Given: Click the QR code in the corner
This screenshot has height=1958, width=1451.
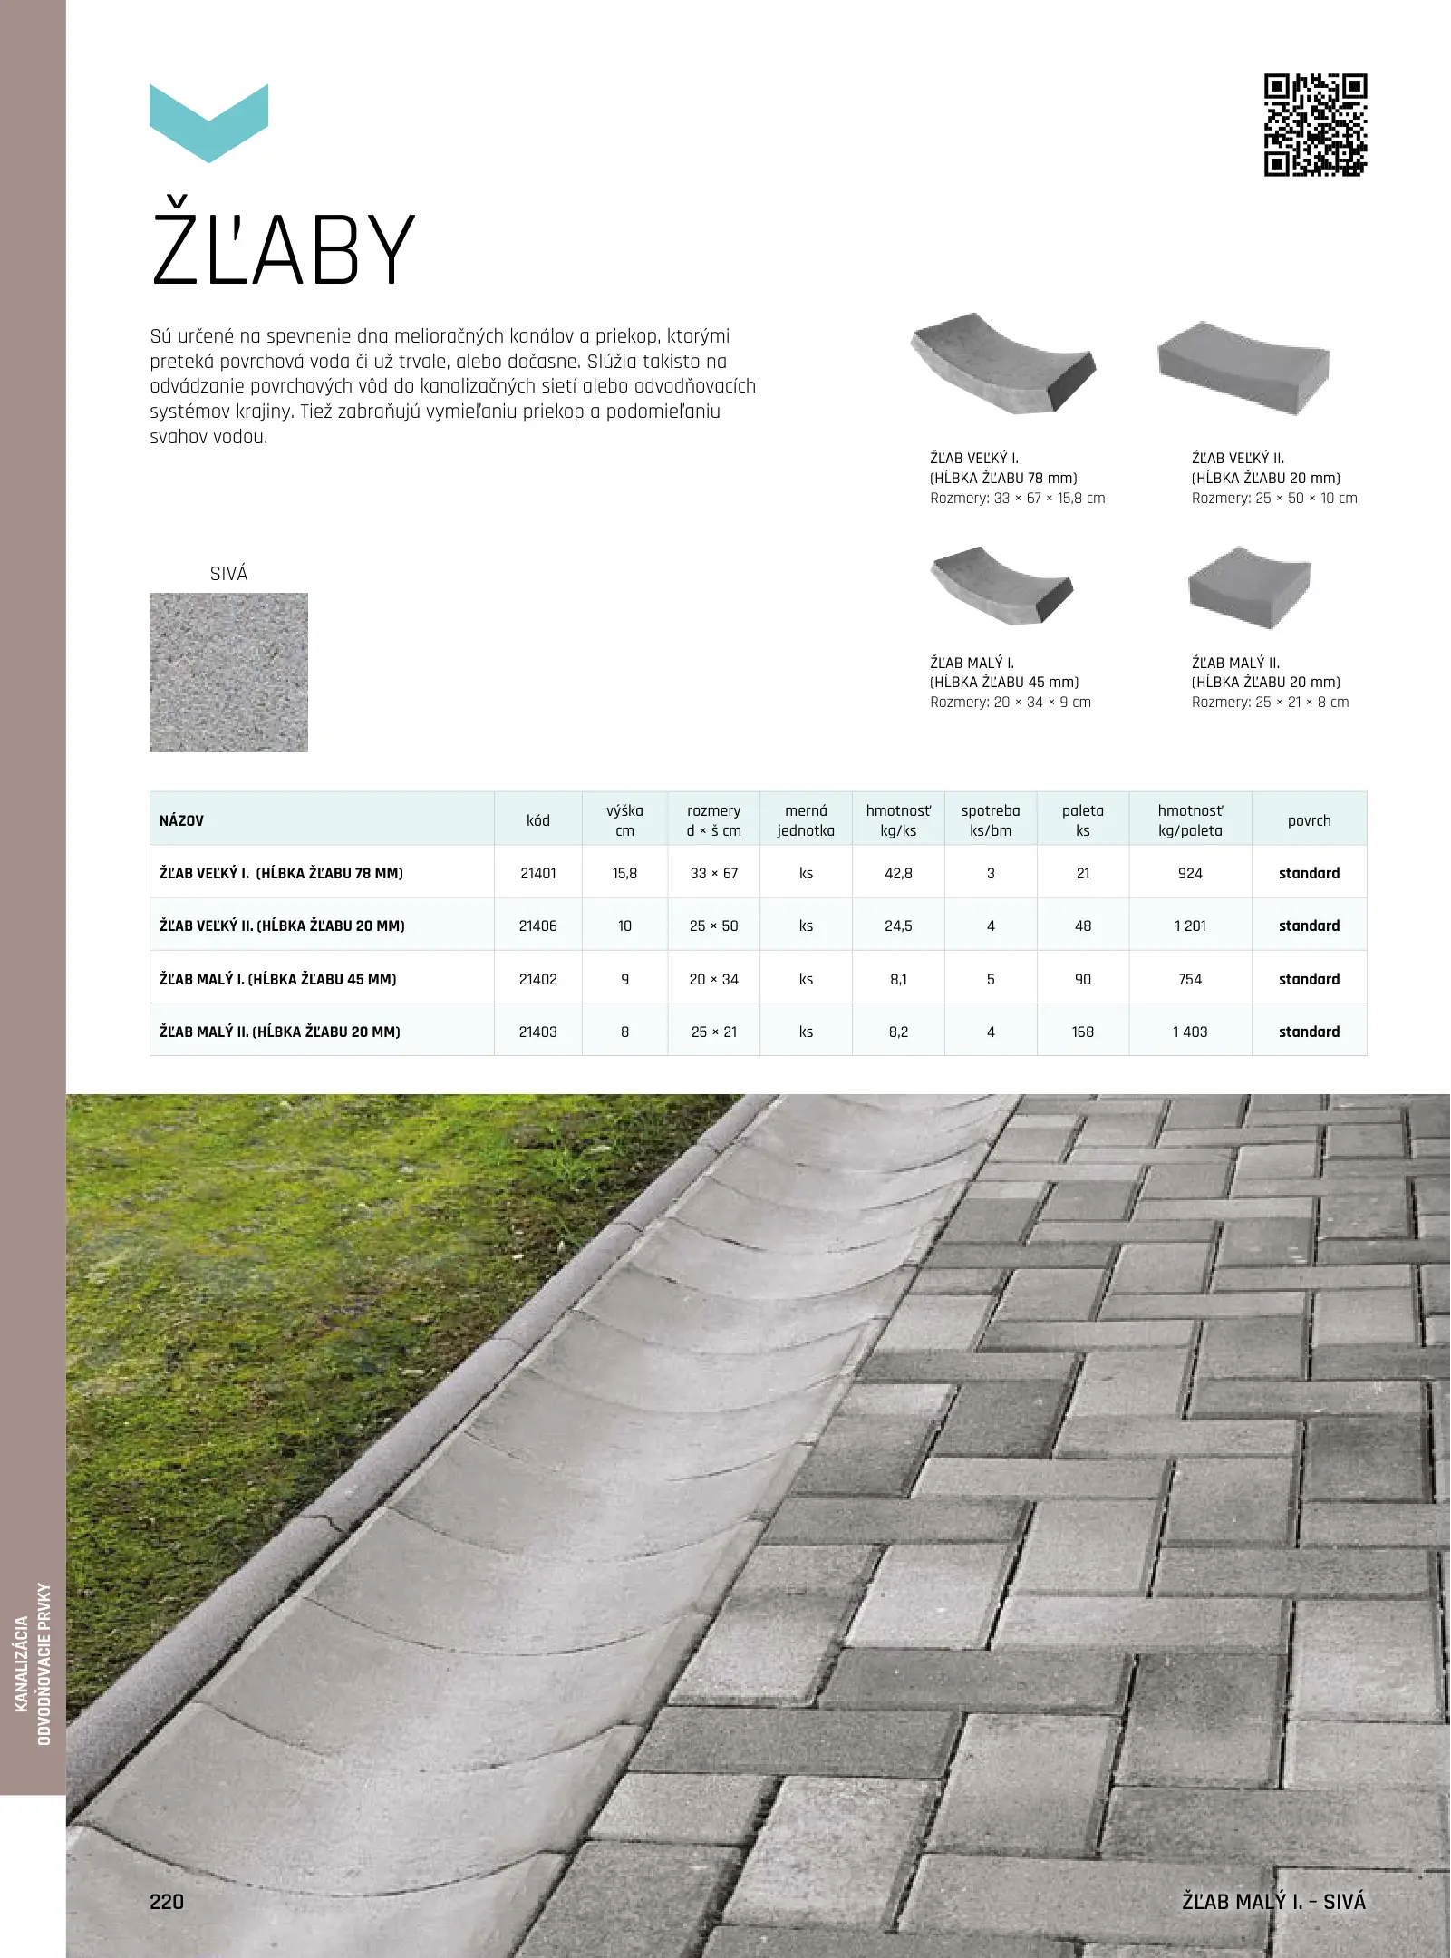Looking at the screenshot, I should pyautogui.click(x=1315, y=125).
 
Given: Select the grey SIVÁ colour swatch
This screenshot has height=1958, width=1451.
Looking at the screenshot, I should pyautogui.click(x=228, y=673).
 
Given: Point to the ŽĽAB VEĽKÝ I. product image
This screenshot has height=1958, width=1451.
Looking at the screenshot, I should pyautogui.click(x=1002, y=363).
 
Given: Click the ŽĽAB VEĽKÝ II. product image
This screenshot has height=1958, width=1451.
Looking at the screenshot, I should pyautogui.click(x=1243, y=367).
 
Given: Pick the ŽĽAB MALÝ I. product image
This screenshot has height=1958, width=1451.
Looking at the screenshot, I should pyautogui.click(x=1001, y=586).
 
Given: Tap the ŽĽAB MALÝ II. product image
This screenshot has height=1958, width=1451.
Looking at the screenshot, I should pyautogui.click(x=1249, y=587).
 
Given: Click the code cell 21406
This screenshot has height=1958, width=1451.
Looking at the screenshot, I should pyautogui.click(x=537, y=926).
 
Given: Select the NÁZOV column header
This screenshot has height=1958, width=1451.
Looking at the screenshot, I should pyautogui.click(x=182, y=820).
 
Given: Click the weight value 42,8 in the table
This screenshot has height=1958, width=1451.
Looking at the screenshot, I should pyautogui.click(x=898, y=873).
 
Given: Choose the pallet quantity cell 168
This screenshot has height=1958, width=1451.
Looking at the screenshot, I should pyautogui.click(x=1082, y=1032).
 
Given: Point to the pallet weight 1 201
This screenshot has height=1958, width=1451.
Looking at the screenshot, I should pyautogui.click(x=1190, y=926).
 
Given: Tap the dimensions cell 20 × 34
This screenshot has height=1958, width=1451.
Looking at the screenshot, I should pyautogui.click(x=713, y=979).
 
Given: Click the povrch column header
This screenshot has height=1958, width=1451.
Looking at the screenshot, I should pyautogui.click(x=1309, y=820).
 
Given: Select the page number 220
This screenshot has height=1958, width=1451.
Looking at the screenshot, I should pyautogui.click(x=167, y=1901).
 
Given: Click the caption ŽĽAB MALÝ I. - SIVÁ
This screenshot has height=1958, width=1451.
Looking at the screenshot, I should pyautogui.click(x=1273, y=1901).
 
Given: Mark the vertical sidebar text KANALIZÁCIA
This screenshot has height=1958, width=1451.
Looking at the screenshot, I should pyautogui.click(x=22, y=1663).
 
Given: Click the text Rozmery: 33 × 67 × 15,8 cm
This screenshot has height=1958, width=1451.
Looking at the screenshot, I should pyautogui.click(x=1017, y=498).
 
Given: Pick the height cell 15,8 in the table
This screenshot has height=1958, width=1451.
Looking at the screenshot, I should pyautogui.click(x=624, y=873).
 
